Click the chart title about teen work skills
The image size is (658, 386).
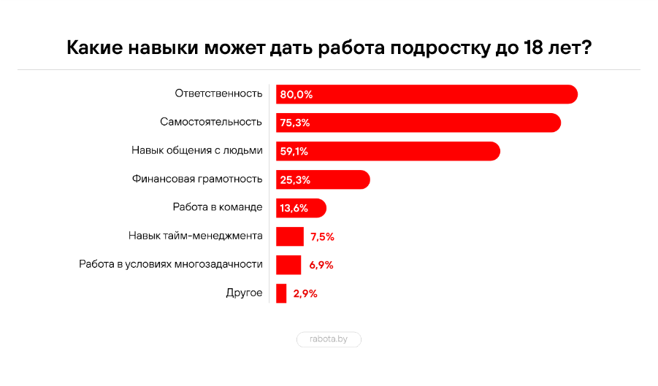tap(329, 48)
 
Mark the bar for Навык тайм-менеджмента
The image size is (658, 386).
tap(290, 236)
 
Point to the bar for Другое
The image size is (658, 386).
tap(281, 293)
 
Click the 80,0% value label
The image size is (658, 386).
tap(296, 95)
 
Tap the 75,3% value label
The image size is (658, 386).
tap(294, 123)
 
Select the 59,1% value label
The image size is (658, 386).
tap(294, 152)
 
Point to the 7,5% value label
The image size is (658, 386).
tap(322, 236)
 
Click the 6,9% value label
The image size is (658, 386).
tap(321, 265)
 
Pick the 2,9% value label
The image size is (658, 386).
tap(305, 293)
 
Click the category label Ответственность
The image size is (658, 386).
tap(218, 93)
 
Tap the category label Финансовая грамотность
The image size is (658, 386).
tap(197, 179)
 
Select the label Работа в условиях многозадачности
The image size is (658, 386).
tap(170, 264)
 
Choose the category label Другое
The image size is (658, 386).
tap(244, 293)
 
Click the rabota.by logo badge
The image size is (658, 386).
tap(329, 339)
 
